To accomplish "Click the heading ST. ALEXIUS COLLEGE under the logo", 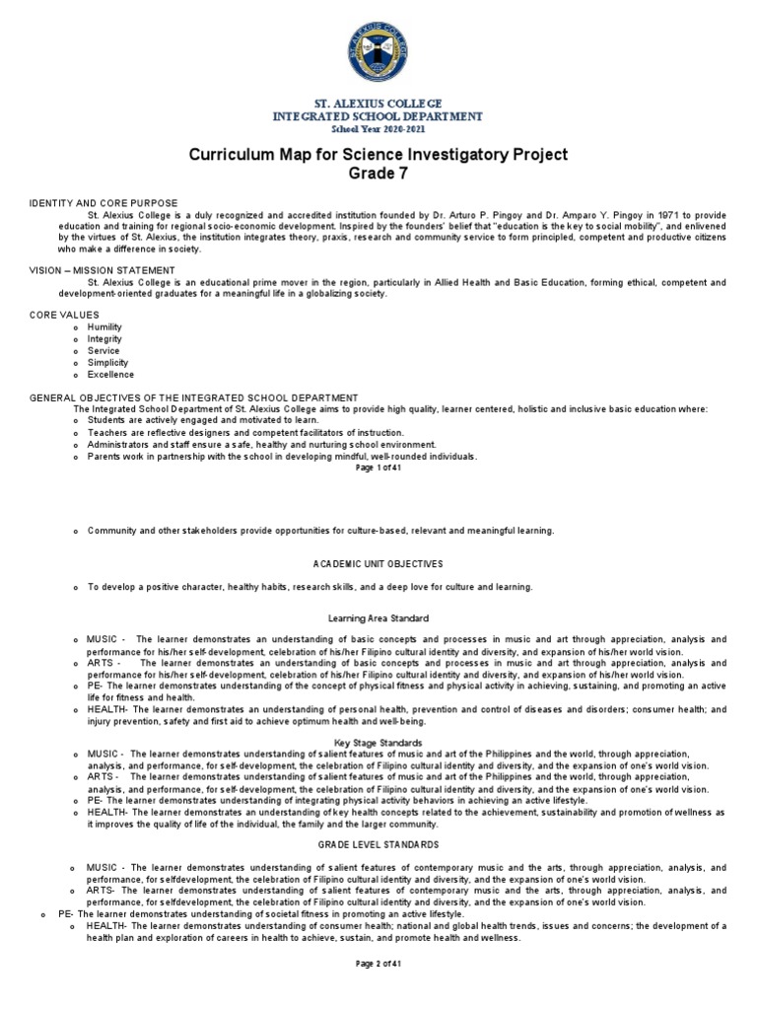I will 378,104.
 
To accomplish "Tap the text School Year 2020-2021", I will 378,128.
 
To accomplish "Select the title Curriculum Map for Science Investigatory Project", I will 378,156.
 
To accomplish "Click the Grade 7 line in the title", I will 378,175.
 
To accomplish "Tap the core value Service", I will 103,350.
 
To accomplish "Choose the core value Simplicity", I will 108,362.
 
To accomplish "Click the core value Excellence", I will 110,375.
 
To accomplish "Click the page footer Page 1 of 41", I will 378,469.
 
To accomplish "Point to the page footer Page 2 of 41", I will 378,989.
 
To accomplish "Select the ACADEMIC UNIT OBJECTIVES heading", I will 378,563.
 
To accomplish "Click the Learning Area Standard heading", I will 378,618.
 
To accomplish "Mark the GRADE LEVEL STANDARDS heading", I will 378,845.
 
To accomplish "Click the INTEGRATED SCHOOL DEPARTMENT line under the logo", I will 378,116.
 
